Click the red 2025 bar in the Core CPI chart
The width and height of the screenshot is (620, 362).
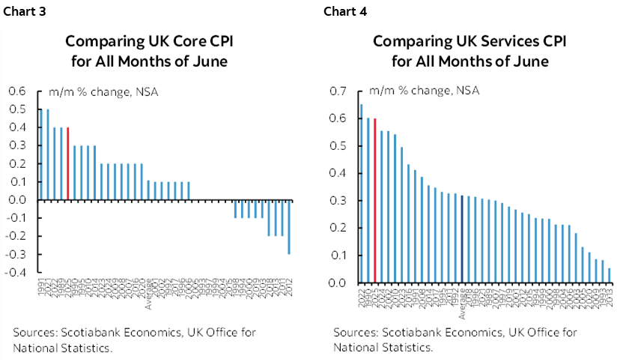point(68,163)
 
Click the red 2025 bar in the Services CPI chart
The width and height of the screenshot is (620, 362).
point(374,201)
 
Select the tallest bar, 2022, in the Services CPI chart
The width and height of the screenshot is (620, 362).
point(362,193)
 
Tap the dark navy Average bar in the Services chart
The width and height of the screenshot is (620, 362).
point(462,239)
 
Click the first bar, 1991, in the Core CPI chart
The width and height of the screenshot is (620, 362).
point(41,154)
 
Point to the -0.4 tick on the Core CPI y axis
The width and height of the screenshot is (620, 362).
point(16,272)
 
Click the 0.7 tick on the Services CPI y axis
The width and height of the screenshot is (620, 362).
point(338,91)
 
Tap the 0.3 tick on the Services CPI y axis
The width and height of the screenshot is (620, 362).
point(338,201)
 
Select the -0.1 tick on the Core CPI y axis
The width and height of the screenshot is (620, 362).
point(16,218)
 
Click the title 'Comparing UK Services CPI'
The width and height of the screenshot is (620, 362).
point(469,41)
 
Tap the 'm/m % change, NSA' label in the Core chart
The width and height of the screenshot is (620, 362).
point(103,92)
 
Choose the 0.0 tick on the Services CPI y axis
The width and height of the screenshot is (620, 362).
point(338,283)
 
